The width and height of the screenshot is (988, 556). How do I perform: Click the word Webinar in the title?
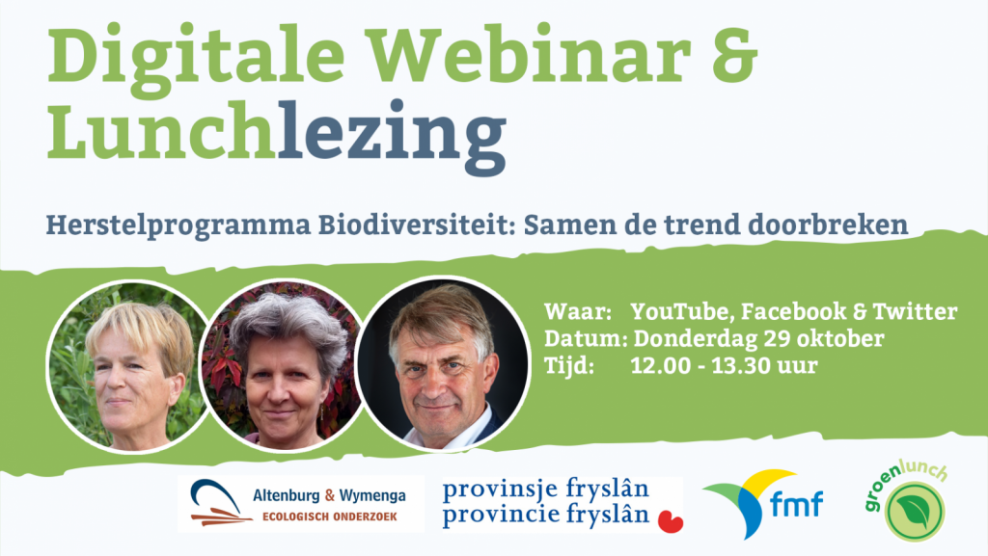528,54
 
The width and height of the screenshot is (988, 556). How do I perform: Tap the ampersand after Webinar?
734,54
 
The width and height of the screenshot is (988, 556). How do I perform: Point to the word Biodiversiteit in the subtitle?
417,224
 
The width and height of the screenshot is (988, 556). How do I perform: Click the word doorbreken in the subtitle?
827,224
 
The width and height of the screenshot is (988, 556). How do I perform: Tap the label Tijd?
569,365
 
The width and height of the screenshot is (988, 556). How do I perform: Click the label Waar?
578,310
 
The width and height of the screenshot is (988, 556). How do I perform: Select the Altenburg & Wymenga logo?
301,504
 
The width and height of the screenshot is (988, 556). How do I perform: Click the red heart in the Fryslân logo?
671,521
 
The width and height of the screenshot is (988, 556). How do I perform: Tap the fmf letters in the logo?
796,504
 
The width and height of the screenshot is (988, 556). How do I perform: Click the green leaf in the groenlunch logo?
915,512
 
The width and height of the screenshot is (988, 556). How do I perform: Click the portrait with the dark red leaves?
282,365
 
